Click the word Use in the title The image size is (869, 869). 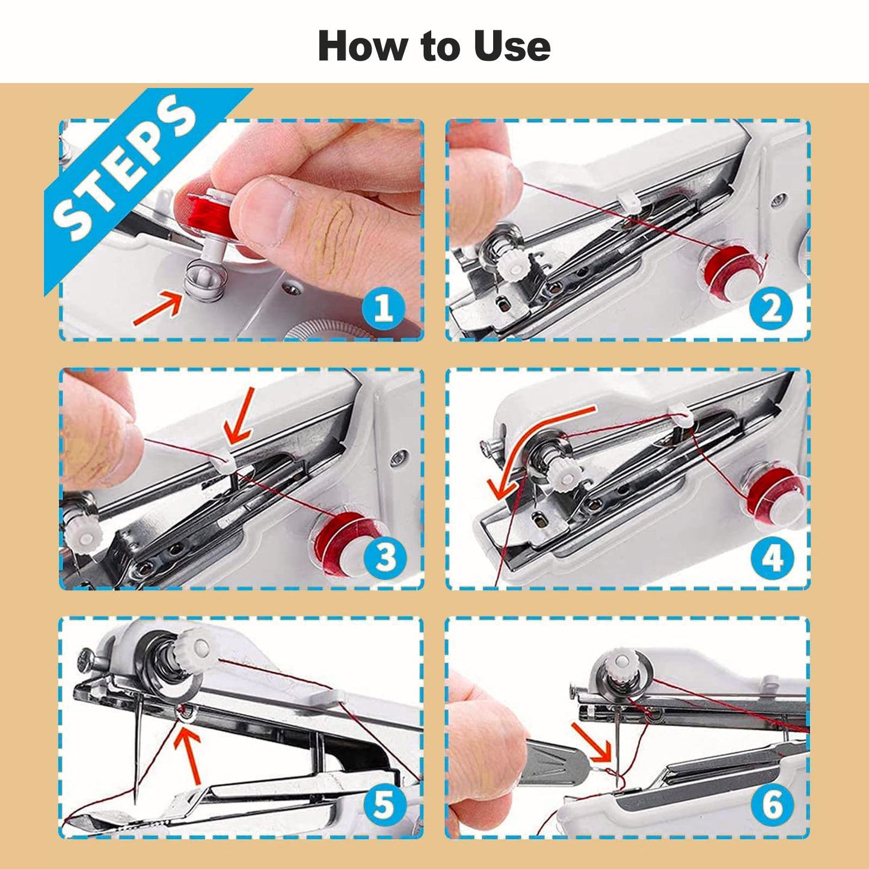tap(512, 46)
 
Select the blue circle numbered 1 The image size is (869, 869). tap(383, 309)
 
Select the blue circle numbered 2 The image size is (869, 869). tap(770, 309)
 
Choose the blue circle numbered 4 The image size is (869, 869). tap(772, 557)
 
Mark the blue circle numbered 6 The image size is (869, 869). tap(772, 805)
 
